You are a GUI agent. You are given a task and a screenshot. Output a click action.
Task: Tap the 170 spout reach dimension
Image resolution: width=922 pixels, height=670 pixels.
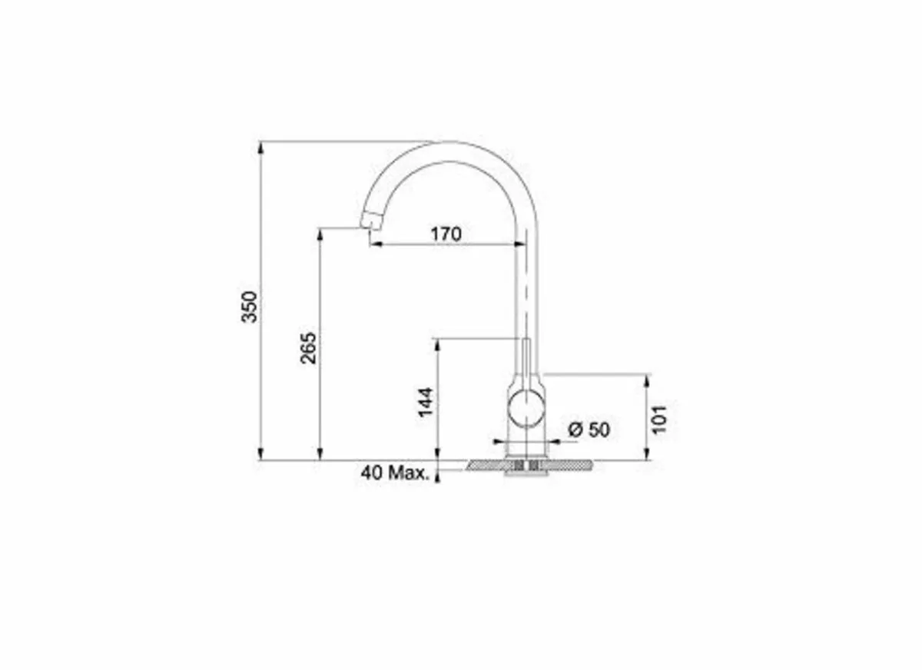446,234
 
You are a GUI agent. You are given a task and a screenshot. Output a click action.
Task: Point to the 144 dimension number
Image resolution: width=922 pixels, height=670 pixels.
427,402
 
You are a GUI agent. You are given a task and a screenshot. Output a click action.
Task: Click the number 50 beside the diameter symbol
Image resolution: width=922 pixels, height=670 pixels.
599,430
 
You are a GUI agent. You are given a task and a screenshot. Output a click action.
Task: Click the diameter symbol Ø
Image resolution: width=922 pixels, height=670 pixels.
575,430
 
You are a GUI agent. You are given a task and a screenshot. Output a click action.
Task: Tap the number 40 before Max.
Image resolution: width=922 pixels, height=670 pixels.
372,473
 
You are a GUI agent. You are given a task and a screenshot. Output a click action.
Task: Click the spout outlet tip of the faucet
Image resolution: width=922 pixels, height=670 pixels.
370,221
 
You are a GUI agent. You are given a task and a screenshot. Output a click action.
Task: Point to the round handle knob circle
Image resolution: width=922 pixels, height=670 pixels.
526,406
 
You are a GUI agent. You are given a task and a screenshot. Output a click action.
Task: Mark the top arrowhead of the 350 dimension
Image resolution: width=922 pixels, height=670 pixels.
261,147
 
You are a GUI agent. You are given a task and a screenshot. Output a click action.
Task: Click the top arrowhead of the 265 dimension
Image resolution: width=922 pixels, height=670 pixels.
319,233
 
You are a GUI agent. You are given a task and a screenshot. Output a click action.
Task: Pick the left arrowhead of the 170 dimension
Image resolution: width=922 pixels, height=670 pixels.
374,245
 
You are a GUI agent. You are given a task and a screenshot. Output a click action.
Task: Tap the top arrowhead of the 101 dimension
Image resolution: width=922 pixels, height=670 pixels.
647,380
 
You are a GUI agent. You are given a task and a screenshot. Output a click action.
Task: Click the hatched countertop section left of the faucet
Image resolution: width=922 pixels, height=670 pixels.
486,466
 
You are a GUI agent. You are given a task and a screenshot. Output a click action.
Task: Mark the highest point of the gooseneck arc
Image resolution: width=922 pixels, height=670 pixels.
453,142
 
